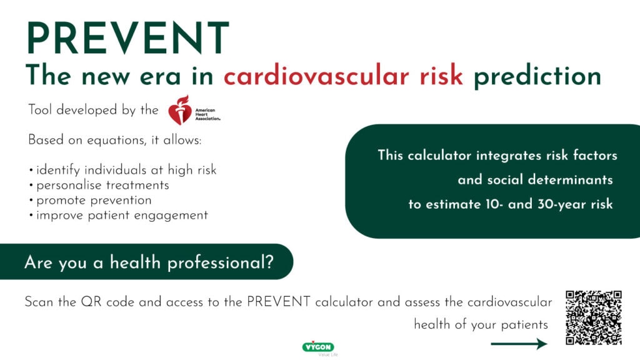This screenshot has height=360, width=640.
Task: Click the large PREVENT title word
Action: tap(127, 38)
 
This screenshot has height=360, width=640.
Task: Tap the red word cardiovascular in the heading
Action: tap(316, 76)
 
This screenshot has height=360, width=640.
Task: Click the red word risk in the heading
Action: tap(441, 75)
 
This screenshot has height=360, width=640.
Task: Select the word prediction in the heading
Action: tap(537, 76)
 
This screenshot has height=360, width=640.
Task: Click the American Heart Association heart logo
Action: tap(180, 110)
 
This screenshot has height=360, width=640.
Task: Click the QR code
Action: tap(594, 317)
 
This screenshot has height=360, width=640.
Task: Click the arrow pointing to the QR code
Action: tap(519, 344)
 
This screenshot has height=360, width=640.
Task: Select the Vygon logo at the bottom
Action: tap(318, 347)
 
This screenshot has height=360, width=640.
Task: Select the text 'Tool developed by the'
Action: tap(93, 110)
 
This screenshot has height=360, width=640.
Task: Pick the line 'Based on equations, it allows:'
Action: tap(115, 140)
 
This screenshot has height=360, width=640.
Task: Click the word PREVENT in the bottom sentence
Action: tap(278, 302)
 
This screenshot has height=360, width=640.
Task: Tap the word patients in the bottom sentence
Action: tap(524, 324)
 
